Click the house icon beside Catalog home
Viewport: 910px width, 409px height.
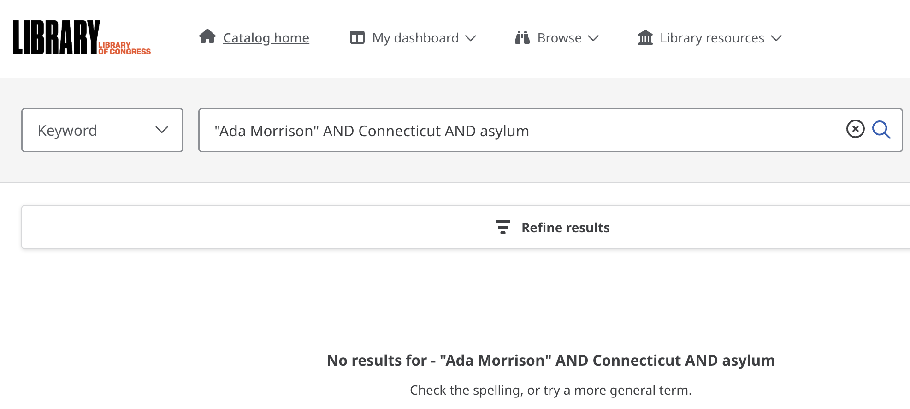pos(207,36)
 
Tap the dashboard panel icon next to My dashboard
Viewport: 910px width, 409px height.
pos(357,37)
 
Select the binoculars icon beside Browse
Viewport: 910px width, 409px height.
pos(522,37)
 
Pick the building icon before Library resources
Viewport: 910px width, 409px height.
pos(645,37)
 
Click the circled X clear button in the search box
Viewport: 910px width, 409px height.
pos(856,129)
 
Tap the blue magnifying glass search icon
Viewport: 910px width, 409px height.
pos(881,130)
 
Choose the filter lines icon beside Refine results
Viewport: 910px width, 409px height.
pos(503,227)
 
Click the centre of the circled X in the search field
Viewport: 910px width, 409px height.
pos(856,129)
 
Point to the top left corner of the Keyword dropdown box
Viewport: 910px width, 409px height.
pos(22,108)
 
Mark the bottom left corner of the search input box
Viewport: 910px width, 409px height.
pos(199,152)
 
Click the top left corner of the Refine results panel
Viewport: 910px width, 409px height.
pos(22,205)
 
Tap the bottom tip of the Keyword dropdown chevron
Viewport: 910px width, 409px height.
pos(162,133)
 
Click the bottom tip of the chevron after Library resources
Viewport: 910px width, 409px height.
pos(776,42)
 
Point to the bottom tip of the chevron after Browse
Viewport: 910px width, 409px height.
pos(593,42)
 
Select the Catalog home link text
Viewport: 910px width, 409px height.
pos(266,38)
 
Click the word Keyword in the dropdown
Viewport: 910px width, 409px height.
pos(67,131)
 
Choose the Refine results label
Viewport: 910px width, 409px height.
pos(566,228)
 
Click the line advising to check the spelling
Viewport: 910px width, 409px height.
pos(551,390)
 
